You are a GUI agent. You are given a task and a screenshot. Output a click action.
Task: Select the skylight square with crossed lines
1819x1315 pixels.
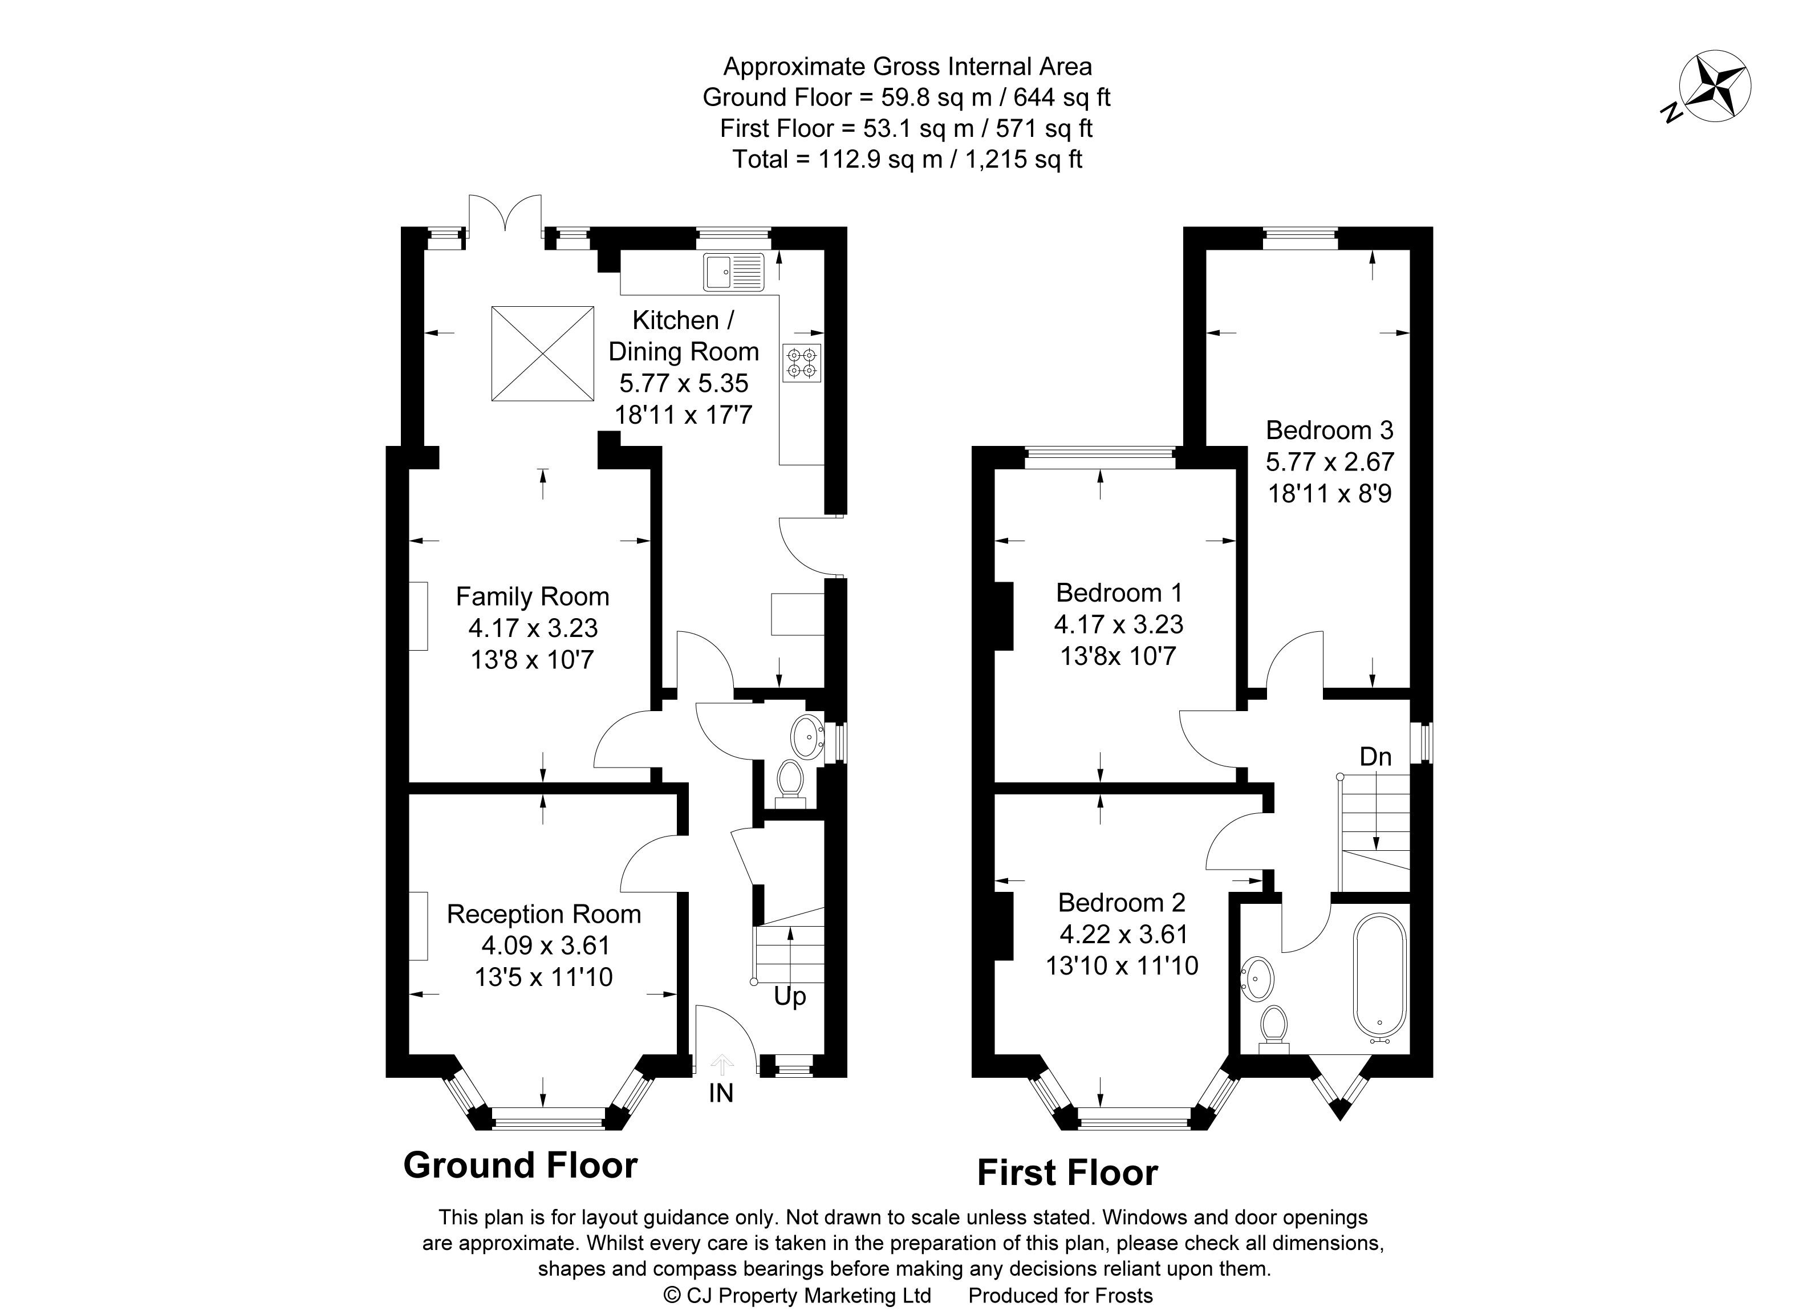[x=542, y=353]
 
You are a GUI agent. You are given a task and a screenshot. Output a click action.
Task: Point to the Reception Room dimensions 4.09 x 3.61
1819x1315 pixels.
[x=545, y=945]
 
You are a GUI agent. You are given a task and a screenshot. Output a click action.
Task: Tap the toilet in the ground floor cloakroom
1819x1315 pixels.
[x=791, y=780]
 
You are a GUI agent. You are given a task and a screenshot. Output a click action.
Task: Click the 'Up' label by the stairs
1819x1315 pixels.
[x=789, y=997]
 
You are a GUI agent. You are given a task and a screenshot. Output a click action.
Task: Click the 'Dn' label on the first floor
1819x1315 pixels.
[x=1375, y=756]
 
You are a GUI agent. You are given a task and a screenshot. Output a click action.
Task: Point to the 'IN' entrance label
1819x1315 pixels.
[x=720, y=1093]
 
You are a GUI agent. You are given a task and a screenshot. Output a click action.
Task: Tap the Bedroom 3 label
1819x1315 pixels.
[x=1329, y=431]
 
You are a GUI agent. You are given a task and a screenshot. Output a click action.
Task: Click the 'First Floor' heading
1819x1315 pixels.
[x=1067, y=1173]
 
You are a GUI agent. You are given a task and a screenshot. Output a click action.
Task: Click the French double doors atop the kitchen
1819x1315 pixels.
[x=505, y=215]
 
